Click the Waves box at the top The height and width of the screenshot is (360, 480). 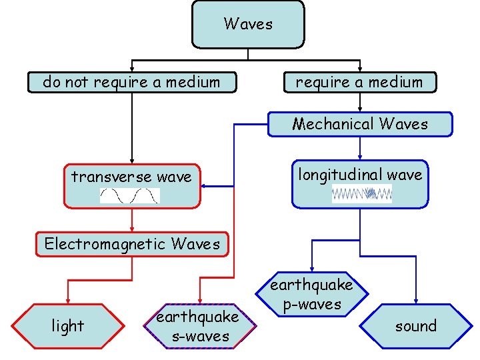248,25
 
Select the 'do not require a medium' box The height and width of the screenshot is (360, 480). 131,83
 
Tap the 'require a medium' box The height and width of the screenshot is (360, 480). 359,83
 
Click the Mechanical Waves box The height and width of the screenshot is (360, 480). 360,124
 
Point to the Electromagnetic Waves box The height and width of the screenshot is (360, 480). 132,244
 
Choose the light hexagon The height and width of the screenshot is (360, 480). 68,326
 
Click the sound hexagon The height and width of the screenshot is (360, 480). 415,326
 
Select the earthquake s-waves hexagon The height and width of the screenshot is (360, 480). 200,326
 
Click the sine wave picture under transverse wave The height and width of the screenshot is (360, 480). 130,195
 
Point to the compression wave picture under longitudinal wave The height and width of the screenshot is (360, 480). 362,194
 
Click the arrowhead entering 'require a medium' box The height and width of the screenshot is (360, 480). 360,69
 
